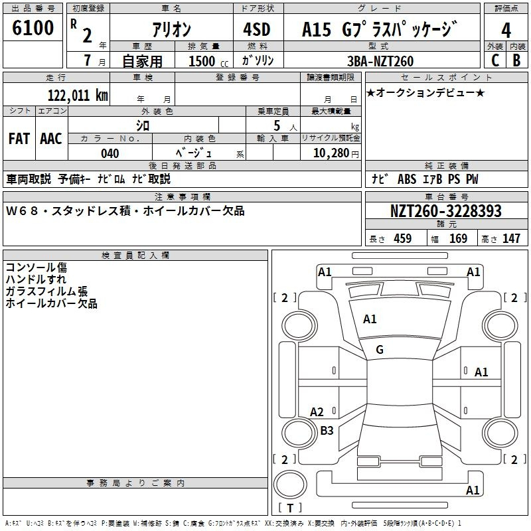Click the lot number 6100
pyautogui.click(x=33, y=27)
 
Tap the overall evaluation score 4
pyautogui.click(x=506, y=30)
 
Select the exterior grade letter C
pyautogui.click(x=495, y=60)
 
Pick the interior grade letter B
pyautogui.click(x=516, y=60)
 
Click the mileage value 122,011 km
pyautogui.click(x=78, y=95)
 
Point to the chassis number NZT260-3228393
pyautogui.click(x=446, y=210)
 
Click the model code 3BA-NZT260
pyautogui.click(x=380, y=61)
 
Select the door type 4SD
pyautogui.click(x=257, y=29)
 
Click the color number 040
pyautogui.click(x=110, y=153)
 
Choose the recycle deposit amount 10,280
pyautogui.click(x=331, y=153)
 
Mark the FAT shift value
pyautogui.click(x=19, y=138)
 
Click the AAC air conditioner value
pyautogui.click(x=51, y=138)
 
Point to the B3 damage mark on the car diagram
pyautogui.click(x=327, y=430)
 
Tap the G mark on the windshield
pyautogui.click(x=380, y=349)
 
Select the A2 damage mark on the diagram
pyautogui.click(x=317, y=412)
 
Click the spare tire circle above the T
pyautogui.click(x=290, y=485)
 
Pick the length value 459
pyautogui.click(x=403, y=238)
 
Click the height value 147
pyautogui.click(x=511, y=238)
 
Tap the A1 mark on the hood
pyautogui.click(x=370, y=319)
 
